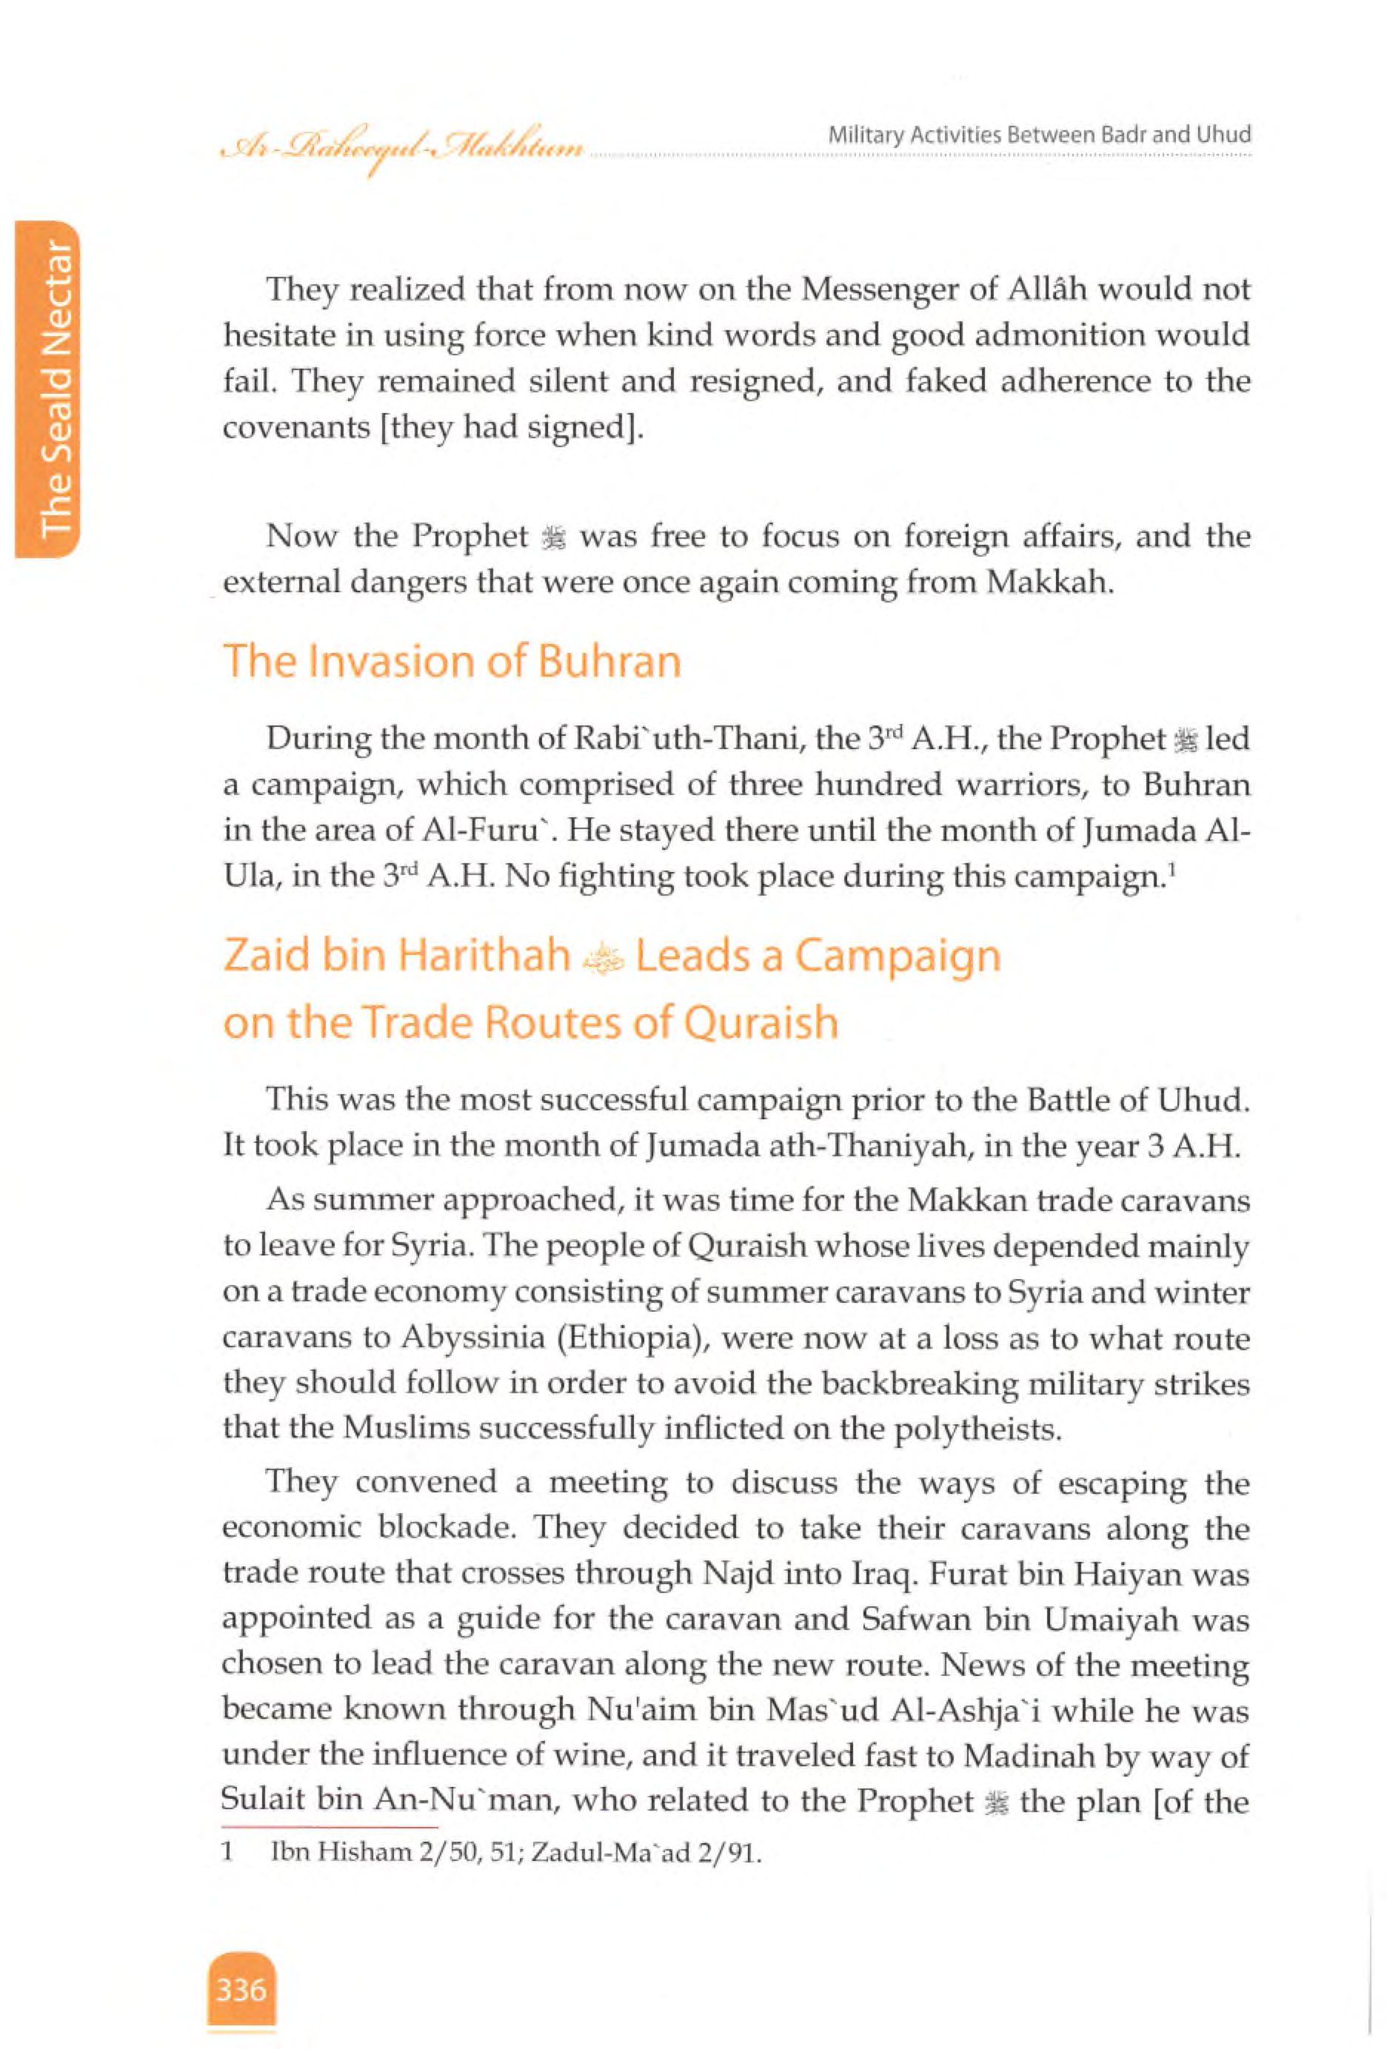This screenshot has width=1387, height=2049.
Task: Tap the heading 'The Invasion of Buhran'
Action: point(452,661)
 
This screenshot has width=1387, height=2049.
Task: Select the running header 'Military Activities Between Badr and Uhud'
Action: point(1039,135)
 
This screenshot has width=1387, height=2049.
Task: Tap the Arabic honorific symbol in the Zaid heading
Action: point(603,959)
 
